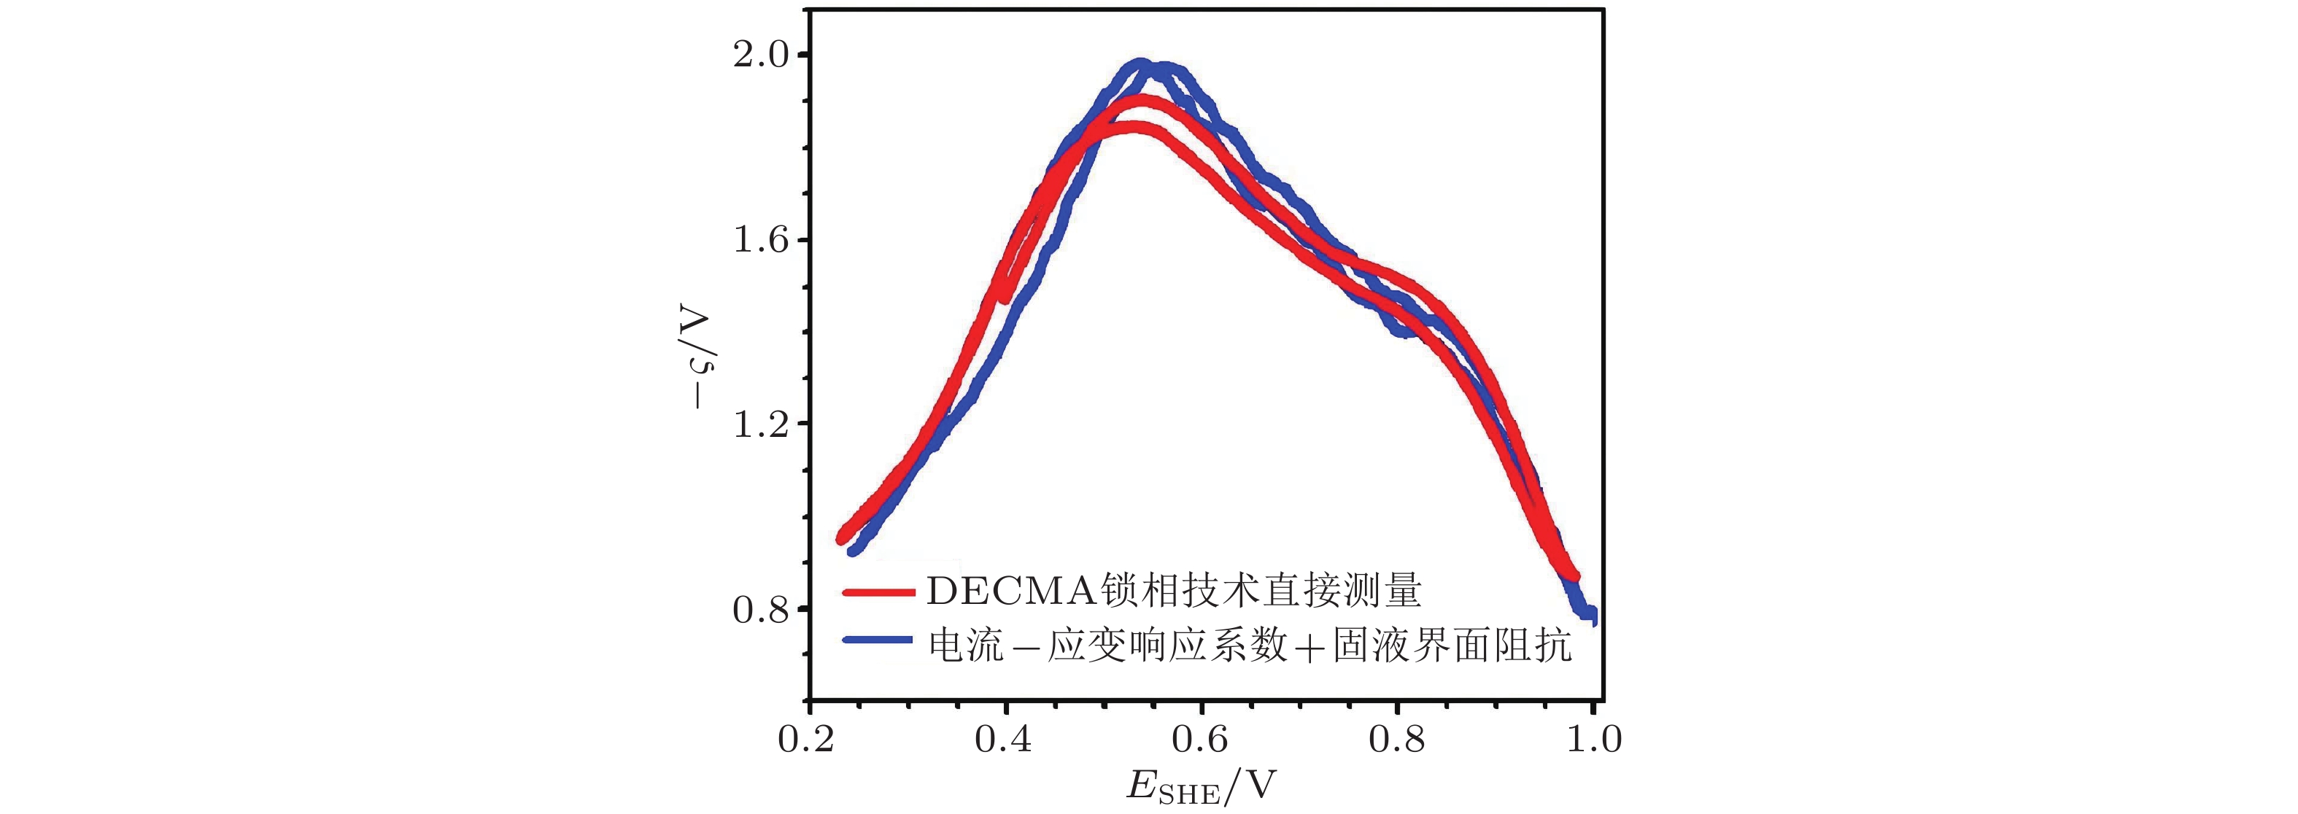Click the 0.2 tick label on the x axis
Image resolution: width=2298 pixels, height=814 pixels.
tap(808, 739)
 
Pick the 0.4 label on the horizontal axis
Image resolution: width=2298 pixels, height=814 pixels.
tap(1005, 739)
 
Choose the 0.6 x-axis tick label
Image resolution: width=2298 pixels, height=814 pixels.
tap(1201, 739)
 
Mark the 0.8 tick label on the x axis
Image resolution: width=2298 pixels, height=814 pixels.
tap(1397, 739)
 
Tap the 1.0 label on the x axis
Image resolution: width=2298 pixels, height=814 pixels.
tap(1593, 739)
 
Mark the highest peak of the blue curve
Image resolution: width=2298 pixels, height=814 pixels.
tap(1140, 65)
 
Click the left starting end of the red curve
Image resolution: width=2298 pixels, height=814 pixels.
tap(840, 538)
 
